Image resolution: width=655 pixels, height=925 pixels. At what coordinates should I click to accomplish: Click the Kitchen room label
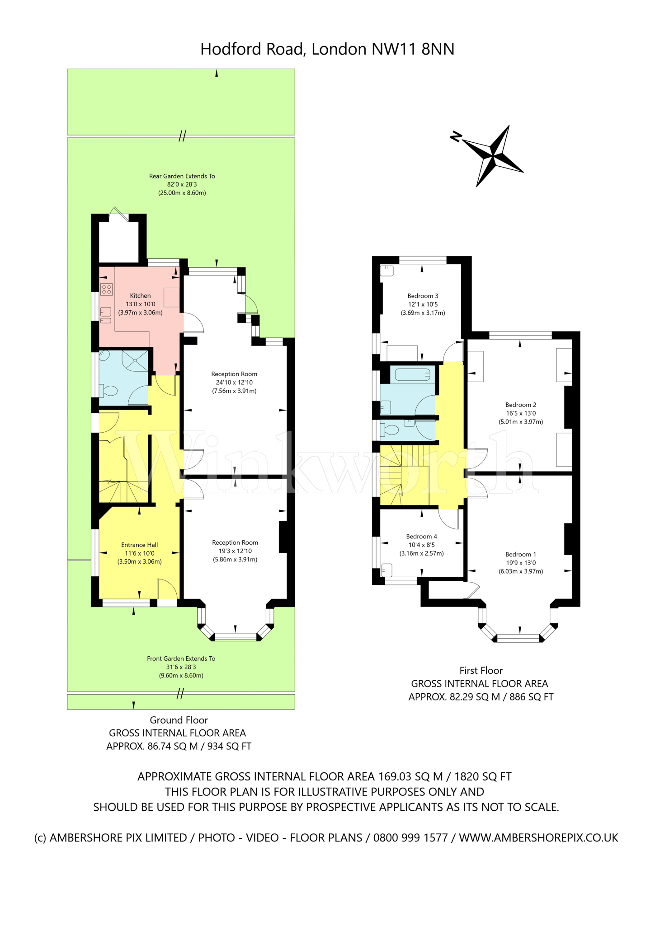coord(140,295)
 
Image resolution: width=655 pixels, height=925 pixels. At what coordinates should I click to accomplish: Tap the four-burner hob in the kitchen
coord(106,290)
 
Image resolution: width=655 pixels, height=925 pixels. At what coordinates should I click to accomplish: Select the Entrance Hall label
coord(139,545)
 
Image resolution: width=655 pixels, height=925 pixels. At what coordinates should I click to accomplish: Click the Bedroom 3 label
coord(423,296)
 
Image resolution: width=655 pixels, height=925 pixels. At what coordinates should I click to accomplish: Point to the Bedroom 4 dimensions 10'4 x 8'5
coord(421,545)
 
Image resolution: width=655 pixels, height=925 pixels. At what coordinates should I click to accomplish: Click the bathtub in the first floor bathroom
coord(413,374)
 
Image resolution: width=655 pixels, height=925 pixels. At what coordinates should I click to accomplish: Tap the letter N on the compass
coord(456,136)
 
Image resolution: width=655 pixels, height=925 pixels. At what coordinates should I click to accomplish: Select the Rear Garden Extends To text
coord(182,176)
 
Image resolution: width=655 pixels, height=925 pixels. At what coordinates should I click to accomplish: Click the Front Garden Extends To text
coord(181,659)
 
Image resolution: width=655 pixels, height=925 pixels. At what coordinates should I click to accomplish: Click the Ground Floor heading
coord(179,720)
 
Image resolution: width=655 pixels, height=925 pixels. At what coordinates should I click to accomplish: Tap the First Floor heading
coord(481,671)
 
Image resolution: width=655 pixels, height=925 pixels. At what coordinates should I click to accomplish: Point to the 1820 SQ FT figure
coord(482,776)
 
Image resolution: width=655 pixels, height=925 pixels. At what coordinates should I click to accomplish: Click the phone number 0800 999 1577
coord(410,838)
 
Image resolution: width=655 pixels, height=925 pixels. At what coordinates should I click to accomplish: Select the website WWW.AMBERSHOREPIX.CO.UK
coord(538,838)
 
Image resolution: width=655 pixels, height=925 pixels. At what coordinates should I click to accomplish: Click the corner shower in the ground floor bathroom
coord(136,360)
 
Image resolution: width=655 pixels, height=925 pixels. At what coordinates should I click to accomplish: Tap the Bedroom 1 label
coord(520,554)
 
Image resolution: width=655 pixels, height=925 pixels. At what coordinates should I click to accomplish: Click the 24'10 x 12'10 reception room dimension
coord(234,382)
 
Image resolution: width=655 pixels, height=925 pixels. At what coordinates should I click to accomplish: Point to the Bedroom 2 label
coord(520,405)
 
